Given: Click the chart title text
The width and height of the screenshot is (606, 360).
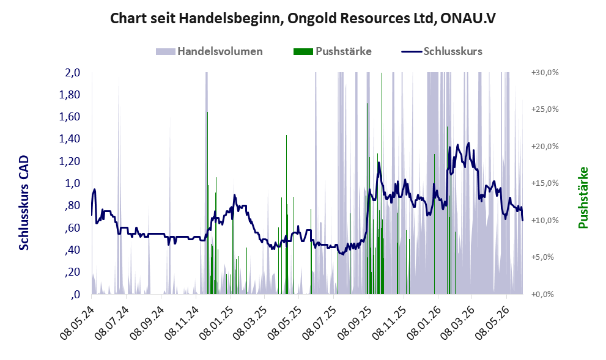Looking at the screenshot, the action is pyautogui.click(x=303, y=18).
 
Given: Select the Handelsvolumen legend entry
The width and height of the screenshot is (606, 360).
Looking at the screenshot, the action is pyautogui.click(x=209, y=51).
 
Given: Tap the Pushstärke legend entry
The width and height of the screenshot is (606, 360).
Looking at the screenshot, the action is pyautogui.click(x=333, y=51).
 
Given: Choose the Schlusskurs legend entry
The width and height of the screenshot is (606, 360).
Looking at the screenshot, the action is pyautogui.click(x=442, y=51).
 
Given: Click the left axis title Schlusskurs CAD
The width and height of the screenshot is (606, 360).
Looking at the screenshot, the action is pyautogui.click(x=24, y=203).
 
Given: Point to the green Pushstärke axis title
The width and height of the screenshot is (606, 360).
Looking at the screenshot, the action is pyautogui.click(x=583, y=197).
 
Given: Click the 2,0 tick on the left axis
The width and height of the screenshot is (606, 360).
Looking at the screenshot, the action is pyautogui.click(x=73, y=73).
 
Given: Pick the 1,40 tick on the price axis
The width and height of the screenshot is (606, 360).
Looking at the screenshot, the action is pyautogui.click(x=70, y=139).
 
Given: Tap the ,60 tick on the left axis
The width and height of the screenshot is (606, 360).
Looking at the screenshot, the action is pyautogui.click(x=72, y=228).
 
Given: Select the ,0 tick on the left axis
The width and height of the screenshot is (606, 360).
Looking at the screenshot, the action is pyautogui.click(x=75, y=295).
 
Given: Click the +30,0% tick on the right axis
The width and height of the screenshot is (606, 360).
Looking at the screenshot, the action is pyautogui.click(x=545, y=73).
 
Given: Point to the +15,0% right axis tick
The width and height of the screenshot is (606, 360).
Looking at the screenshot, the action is pyautogui.click(x=545, y=183).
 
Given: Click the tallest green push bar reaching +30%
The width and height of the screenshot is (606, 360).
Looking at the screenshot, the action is pyautogui.click(x=382, y=183).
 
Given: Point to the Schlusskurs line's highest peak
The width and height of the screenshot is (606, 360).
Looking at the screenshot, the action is pyautogui.click(x=469, y=143).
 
